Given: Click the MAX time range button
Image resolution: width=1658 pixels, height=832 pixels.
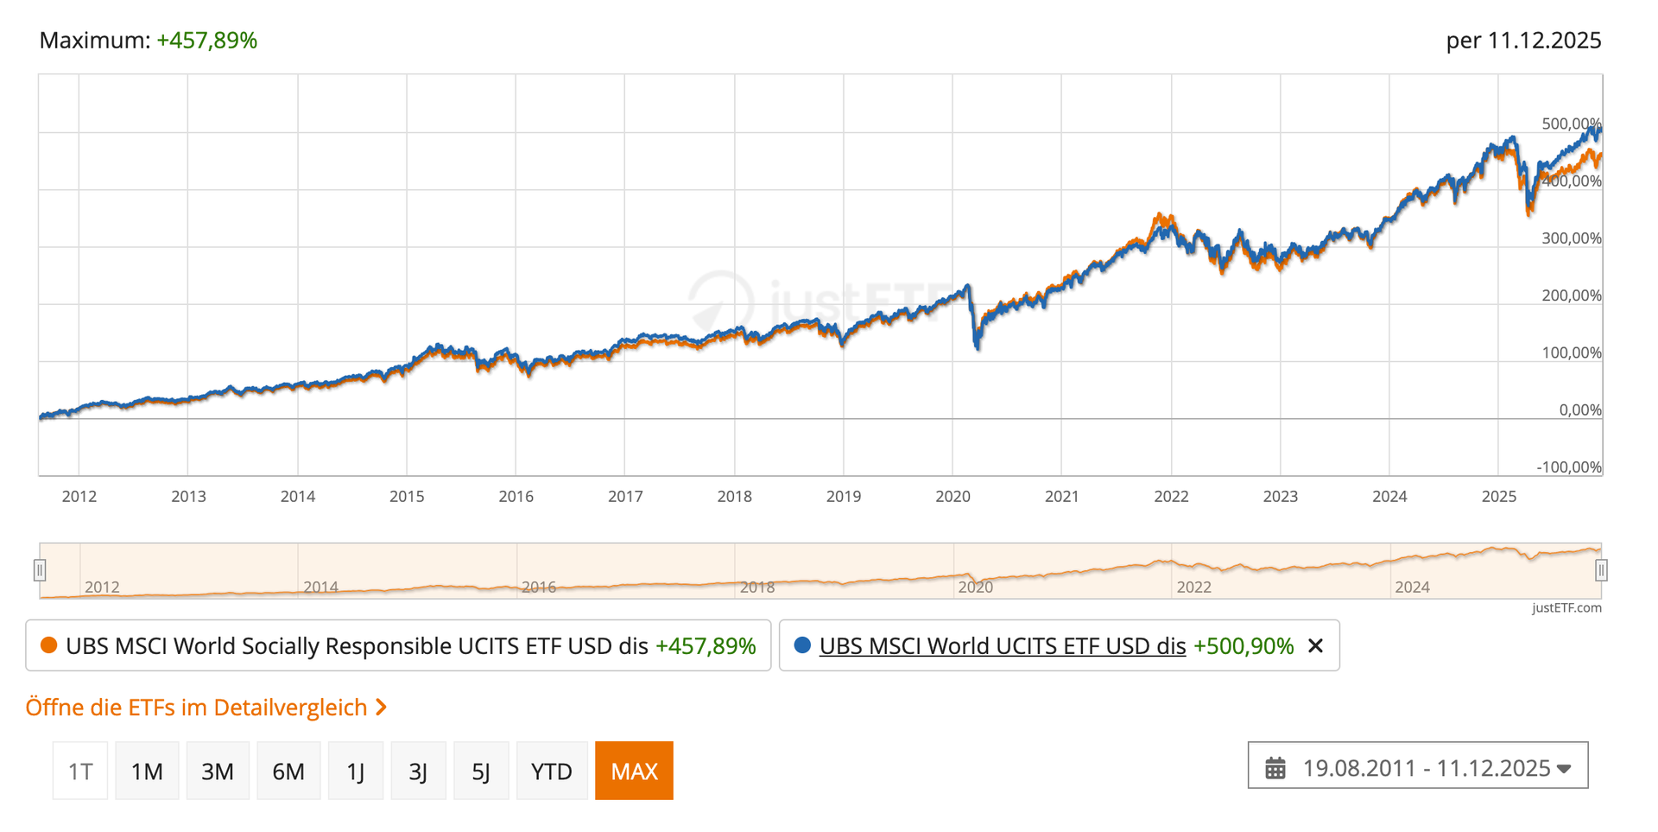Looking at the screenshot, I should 634,771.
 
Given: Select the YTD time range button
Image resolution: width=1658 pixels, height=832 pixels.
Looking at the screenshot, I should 552,771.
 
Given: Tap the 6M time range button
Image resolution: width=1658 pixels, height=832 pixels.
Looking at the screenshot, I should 288,771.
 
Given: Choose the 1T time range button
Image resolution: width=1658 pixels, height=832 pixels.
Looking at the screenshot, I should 80,771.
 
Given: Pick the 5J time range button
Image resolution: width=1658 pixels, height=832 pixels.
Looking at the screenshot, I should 481,771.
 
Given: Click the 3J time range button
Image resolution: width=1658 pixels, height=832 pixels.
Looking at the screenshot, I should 418,771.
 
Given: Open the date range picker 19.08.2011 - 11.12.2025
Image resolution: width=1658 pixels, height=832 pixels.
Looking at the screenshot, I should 1417,767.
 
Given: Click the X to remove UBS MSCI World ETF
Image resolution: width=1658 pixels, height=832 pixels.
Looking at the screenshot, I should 1315,646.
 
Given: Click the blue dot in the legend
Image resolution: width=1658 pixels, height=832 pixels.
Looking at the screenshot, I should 802,645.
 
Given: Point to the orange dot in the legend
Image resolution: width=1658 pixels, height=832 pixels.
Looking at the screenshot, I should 48,645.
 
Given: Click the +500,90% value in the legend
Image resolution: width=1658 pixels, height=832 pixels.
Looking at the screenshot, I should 1243,646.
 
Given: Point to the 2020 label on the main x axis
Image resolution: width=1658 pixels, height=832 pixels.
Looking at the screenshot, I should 952,497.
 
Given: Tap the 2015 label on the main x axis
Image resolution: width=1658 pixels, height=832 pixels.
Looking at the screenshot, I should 407,497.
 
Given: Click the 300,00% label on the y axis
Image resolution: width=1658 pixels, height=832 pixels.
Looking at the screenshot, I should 1571,238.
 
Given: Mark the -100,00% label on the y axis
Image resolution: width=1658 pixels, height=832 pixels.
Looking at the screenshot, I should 1568,467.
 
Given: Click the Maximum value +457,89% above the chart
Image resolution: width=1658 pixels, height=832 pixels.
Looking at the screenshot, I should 207,41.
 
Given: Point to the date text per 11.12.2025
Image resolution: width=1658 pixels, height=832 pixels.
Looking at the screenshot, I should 1523,41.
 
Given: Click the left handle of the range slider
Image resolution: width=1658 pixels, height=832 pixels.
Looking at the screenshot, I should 40,570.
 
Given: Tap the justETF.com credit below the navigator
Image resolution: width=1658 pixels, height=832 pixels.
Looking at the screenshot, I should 1566,608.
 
